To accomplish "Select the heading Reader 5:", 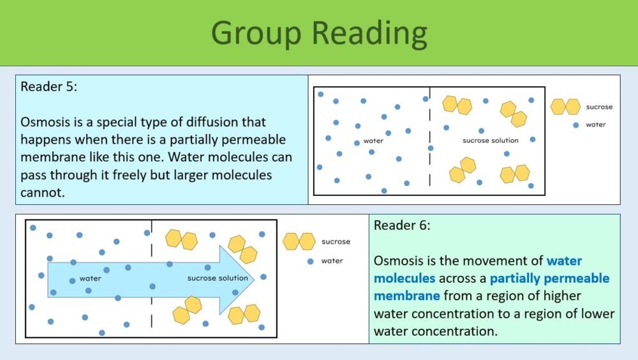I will pyautogui.click(x=48, y=87).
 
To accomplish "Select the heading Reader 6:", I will pyautogui.click(x=402, y=225).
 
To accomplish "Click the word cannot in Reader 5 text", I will pyautogui.click(x=43, y=192).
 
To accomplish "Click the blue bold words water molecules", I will pyautogui.click(x=478, y=269).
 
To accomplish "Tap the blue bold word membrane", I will pyautogui.click(x=406, y=296).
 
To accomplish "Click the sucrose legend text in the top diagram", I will pyautogui.click(x=599, y=107).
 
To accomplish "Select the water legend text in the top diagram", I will pyautogui.click(x=596, y=124).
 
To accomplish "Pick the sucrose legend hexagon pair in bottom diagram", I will pyautogui.click(x=299, y=241).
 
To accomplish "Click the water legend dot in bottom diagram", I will pyautogui.click(x=311, y=261).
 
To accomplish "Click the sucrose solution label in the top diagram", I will pyautogui.click(x=490, y=140).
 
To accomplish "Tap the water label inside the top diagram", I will pyautogui.click(x=373, y=141).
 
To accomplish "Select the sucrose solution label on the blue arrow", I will pyautogui.click(x=218, y=278).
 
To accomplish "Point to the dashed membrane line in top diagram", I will pyautogui.click(x=430, y=121).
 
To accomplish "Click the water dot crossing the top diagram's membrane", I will pyautogui.click(x=431, y=148).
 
